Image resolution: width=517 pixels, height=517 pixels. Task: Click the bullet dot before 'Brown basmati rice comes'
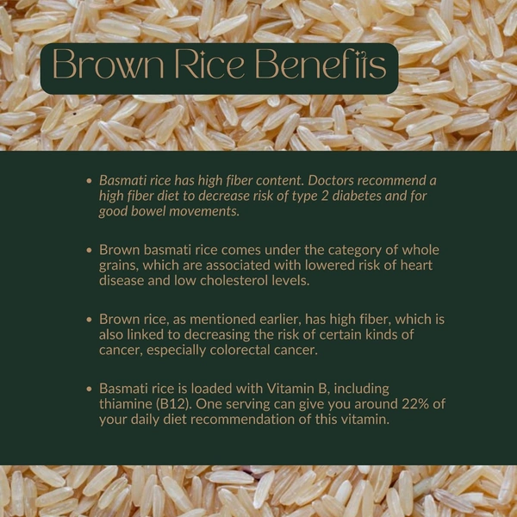[90, 251]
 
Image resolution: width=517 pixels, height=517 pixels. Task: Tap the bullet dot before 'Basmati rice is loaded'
[90, 389]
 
